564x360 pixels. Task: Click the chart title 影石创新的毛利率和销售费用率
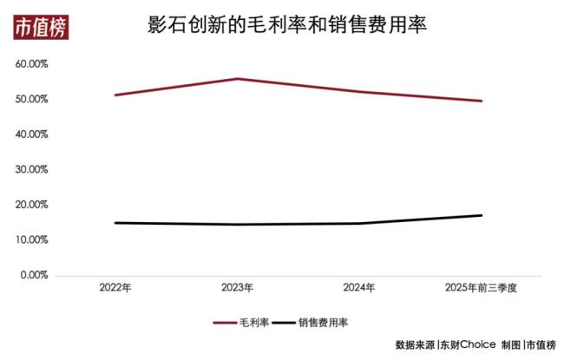pyautogui.click(x=288, y=27)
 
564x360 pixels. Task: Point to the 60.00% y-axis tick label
pyautogui.click(x=31, y=64)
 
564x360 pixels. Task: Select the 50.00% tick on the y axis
pyautogui.click(x=31, y=100)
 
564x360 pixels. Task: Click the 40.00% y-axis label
pyautogui.click(x=31, y=134)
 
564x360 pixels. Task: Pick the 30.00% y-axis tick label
pyautogui.click(x=31, y=170)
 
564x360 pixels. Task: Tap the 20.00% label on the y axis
pyautogui.click(x=31, y=205)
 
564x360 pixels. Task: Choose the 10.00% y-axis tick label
pyautogui.click(x=31, y=240)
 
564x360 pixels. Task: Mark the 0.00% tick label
pyautogui.click(x=33, y=275)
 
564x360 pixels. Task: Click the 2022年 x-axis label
pyautogui.click(x=115, y=288)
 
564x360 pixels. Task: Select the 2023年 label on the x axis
pyautogui.click(x=237, y=288)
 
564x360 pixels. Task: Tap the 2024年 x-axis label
pyautogui.click(x=359, y=288)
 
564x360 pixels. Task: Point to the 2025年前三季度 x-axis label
pyautogui.click(x=481, y=288)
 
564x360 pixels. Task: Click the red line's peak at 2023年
pyautogui.click(x=237, y=79)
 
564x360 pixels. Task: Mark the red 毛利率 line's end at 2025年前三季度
pyautogui.click(x=482, y=101)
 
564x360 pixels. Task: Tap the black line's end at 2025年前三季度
pyautogui.click(x=482, y=215)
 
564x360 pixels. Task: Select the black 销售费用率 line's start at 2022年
pyautogui.click(x=115, y=223)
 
